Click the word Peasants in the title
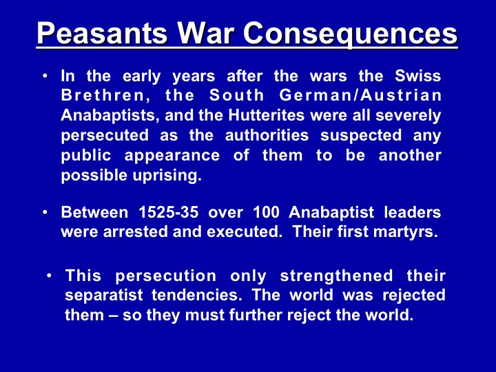pyautogui.click(x=102, y=33)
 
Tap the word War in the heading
pyautogui.click(x=205, y=33)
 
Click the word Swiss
pyautogui.click(x=417, y=76)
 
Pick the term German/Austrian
pyautogui.click(x=360, y=96)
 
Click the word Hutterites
pyautogui.click(x=266, y=115)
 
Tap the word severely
pyautogui.click(x=408, y=116)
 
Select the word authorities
pyautogui.click(x=267, y=135)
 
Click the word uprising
pyautogui.click(x=167, y=175)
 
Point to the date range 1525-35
pyautogui.click(x=169, y=212)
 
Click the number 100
pyautogui.click(x=266, y=212)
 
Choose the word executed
pyautogui.click(x=244, y=231)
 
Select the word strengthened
pyautogui.click(x=336, y=276)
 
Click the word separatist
pyautogui.click(x=104, y=296)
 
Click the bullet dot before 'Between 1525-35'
pyautogui.click(x=45, y=212)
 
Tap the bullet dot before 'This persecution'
pyautogui.click(x=49, y=276)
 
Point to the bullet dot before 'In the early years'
pyautogui.click(x=45, y=76)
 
